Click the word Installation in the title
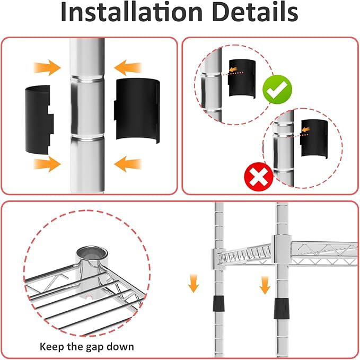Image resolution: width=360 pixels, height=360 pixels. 131,12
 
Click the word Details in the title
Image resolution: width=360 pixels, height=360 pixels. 255,12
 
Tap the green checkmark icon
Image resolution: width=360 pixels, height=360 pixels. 277,89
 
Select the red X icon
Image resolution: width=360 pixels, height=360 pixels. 259,177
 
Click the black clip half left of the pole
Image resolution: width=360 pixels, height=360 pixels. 39,120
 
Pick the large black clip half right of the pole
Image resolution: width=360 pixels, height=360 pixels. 137,110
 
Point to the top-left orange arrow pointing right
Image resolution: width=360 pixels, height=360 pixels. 47,68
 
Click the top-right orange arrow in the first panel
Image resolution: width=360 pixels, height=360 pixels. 128,68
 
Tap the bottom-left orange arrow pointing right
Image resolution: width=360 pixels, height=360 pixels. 47,164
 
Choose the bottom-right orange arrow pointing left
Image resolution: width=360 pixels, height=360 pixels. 128,164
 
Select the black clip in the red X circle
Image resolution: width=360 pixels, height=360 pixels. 314,139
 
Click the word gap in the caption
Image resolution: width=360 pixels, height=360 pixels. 95,347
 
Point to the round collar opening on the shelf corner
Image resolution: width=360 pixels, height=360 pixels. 92,254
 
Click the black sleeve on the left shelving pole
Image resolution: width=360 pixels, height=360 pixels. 218,303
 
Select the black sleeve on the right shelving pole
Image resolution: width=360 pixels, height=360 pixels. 282,309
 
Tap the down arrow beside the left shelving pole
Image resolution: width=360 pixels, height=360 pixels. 194,283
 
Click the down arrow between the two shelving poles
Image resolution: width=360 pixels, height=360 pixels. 265,285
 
